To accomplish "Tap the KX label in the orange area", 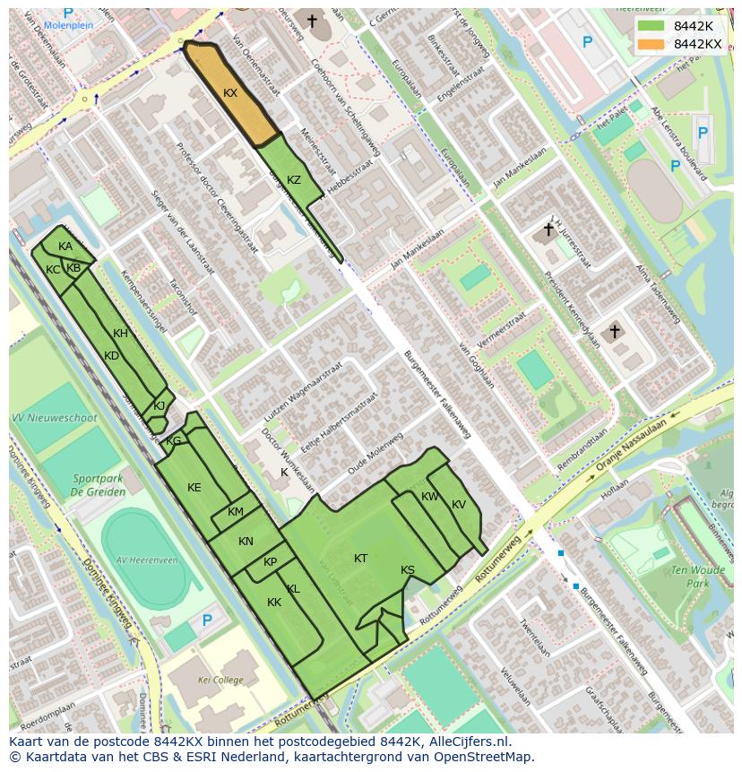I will (230, 93).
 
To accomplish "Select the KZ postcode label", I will (294, 180).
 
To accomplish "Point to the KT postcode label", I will (360, 559).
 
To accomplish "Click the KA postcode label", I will (65, 247).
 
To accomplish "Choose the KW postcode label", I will (430, 497).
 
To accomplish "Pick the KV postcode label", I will (459, 505).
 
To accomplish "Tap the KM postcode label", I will (236, 512).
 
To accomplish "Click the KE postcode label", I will (194, 488).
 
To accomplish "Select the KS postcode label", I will (408, 570).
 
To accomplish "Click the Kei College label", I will (220, 681).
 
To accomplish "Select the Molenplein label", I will (68, 25).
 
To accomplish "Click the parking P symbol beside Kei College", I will (207, 620).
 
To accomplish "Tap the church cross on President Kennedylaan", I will (615, 333).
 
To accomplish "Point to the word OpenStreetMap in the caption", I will (485, 757).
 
